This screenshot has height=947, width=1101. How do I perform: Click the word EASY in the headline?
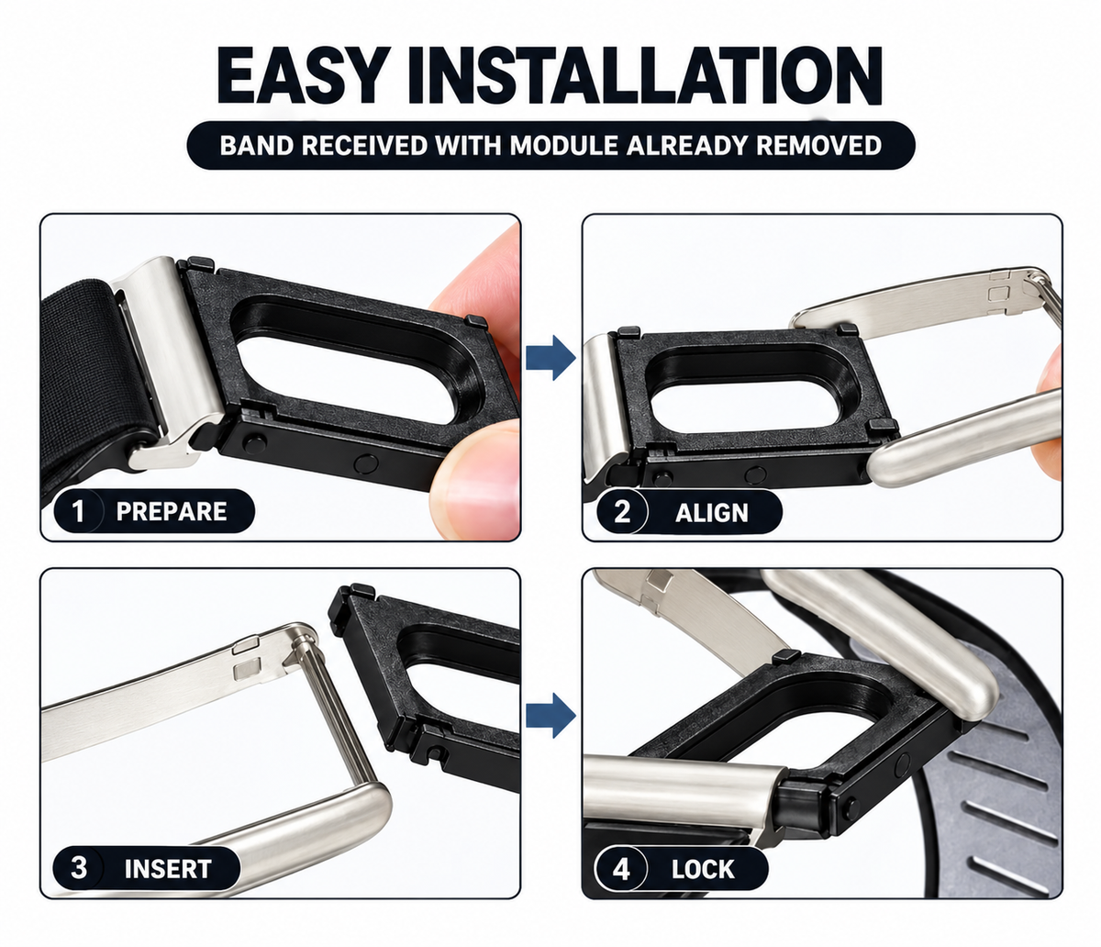300,75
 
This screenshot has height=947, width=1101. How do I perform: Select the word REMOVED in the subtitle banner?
818,145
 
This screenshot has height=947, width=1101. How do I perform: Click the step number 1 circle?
78,511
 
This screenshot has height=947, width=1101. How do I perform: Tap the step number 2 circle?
622,512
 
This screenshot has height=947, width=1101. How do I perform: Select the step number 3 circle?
78,868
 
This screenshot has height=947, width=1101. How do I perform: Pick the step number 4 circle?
620,869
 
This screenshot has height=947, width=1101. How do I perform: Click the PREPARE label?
172,511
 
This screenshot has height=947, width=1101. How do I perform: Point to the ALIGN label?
712,513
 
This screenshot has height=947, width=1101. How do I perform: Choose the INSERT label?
168,869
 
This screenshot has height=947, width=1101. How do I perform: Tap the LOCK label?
703,869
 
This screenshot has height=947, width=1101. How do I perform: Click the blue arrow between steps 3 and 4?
550,716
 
